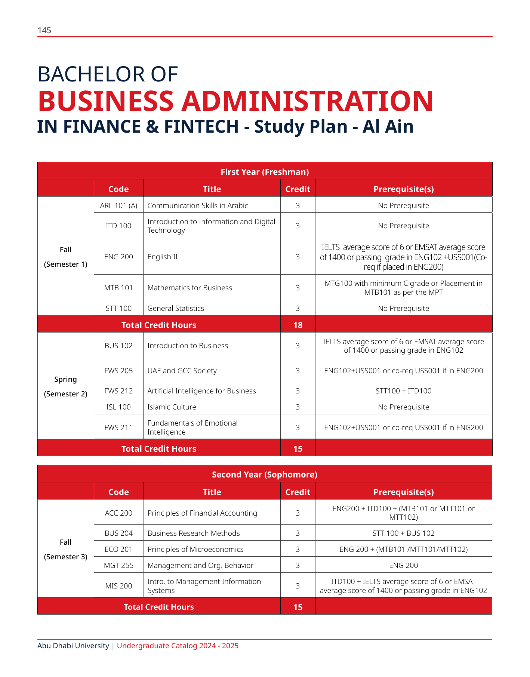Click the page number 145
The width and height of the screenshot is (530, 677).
click(x=44, y=31)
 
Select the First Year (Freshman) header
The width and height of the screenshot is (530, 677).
click(x=265, y=172)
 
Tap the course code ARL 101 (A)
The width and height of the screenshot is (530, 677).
click(x=118, y=205)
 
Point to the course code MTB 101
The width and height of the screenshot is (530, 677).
click(x=118, y=288)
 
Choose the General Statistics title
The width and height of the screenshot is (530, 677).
click(x=176, y=308)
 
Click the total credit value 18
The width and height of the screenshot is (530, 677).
click(x=298, y=325)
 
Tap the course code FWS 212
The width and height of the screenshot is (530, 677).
click(x=118, y=391)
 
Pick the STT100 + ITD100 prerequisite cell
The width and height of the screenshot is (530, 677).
click(x=403, y=391)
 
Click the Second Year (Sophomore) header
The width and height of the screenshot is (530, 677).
click(x=265, y=474)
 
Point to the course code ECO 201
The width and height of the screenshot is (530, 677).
click(x=118, y=549)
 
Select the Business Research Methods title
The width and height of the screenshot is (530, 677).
click(x=194, y=533)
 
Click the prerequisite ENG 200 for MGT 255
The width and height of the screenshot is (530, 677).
click(x=403, y=565)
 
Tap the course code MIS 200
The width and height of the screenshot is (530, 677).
click(x=118, y=586)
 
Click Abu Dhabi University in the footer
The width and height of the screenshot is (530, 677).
click(x=73, y=646)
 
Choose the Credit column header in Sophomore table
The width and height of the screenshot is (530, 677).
click(x=298, y=492)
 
